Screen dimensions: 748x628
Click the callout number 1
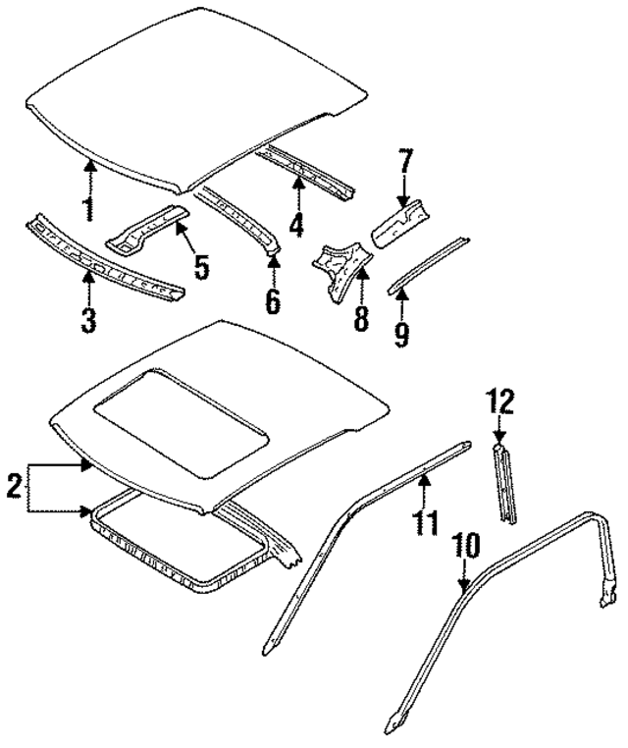tap(88, 209)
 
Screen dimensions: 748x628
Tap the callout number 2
tap(14, 486)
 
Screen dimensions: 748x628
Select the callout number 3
tap(88, 320)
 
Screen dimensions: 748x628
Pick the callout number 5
tap(201, 267)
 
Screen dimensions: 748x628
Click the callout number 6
tap(272, 301)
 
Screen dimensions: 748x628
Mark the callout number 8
tap(361, 319)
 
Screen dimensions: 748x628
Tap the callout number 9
tap(401, 334)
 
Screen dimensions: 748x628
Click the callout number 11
tap(425, 520)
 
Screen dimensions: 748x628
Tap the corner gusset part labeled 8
tap(340, 267)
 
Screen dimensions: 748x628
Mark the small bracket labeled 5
tap(144, 229)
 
